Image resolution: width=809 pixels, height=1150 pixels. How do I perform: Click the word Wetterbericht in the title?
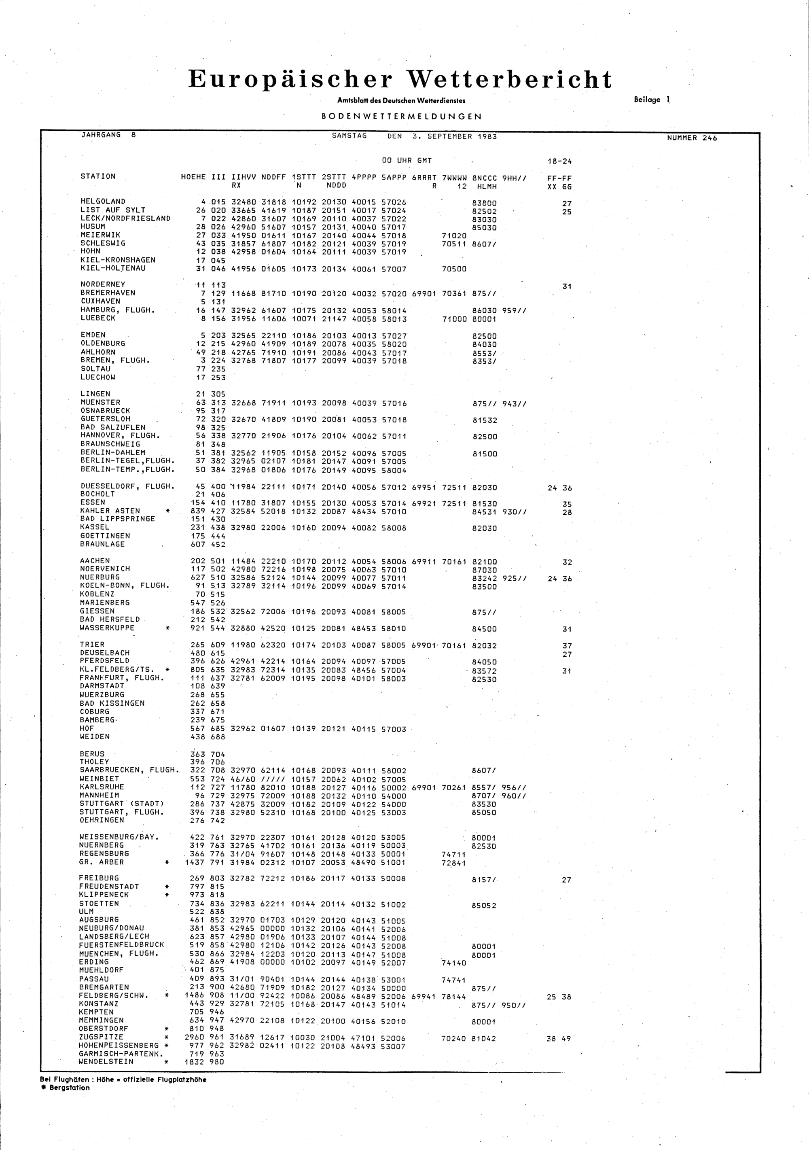pos(510,80)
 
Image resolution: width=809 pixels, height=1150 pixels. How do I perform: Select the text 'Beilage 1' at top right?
pos(651,100)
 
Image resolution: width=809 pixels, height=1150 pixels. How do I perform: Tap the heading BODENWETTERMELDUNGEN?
pos(402,116)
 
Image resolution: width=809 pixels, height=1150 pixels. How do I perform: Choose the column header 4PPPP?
pos(364,177)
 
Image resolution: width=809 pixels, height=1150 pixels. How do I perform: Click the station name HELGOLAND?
pos(103,202)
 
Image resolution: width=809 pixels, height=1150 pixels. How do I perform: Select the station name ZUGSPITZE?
pos(101,1037)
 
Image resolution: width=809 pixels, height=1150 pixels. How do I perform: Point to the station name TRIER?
pos(93,644)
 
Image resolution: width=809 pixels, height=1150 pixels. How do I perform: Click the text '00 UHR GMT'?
pos(407,161)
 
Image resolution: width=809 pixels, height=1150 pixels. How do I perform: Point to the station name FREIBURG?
pos(99,878)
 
